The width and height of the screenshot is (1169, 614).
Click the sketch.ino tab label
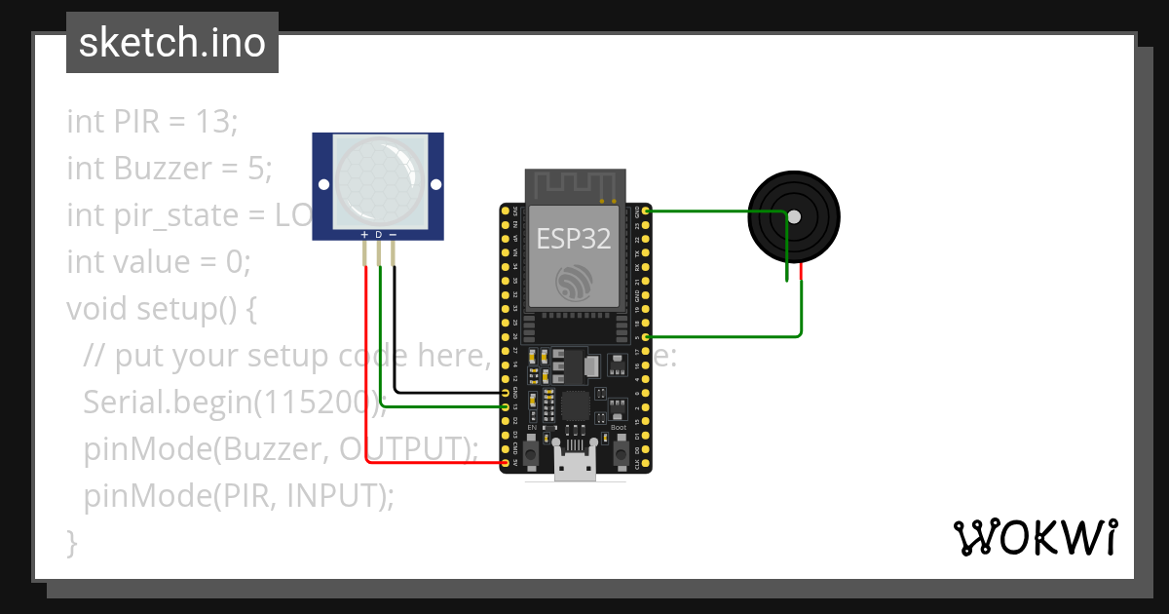(172, 43)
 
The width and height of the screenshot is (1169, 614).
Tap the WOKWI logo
(1035, 537)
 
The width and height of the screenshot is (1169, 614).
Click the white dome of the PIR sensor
(379, 175)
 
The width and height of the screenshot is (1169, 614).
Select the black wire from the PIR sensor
(395, 341)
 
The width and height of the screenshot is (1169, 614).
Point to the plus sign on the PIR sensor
(364, 235)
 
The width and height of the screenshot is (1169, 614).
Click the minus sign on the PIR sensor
(394, 235)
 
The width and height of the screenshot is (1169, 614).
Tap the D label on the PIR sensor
(379, 235)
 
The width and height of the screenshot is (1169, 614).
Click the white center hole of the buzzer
(794, 216)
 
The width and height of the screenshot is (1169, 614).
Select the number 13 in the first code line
(215, 122)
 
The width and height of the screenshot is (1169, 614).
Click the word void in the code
(97, 309)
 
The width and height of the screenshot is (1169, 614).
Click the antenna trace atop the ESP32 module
(575, 183)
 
